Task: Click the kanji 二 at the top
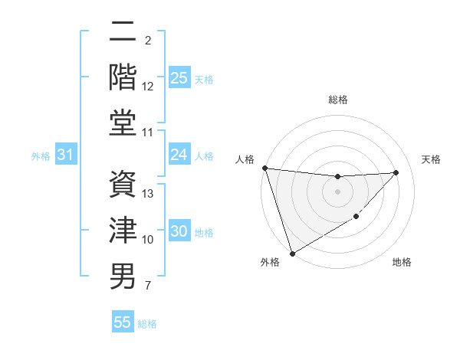[123, 32]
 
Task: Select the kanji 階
[123, 77]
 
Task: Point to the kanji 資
[123, 184]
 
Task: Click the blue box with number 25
[179, 78]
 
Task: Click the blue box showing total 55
[123, 322]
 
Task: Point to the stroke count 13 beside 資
[149, 194]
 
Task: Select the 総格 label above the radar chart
[338, 100]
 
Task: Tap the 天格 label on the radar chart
[432, 159]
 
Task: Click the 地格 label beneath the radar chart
[402, 262]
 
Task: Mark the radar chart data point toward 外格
[292, 253]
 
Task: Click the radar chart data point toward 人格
[264, 168]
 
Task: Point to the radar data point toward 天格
[396, 172]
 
